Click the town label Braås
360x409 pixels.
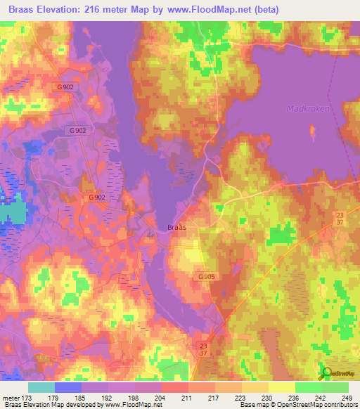(177, 227)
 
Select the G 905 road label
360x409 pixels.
(206, 277)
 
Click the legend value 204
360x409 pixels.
(162, 397)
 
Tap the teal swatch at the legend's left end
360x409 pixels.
(41, 387)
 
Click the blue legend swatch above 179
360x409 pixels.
(67, 387)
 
